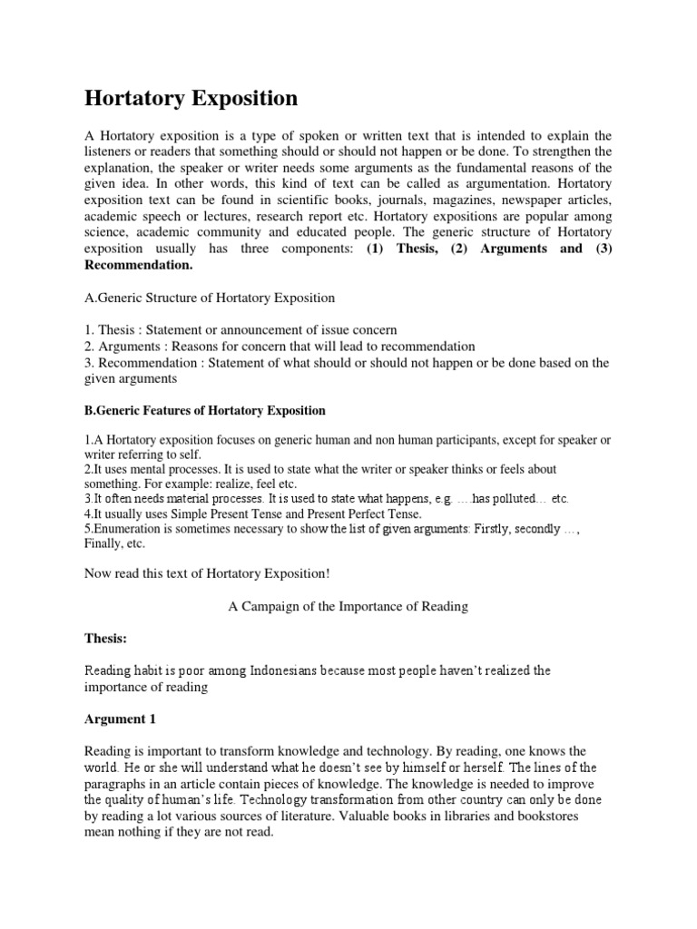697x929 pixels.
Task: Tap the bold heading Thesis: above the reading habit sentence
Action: point(106,639)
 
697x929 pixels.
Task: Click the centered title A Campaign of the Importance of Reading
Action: point(348,606)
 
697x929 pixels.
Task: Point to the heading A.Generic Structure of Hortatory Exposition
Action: point(210,298)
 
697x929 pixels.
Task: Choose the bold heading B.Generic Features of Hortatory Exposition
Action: point(205,410)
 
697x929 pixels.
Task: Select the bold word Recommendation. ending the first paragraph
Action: point(139,265)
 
